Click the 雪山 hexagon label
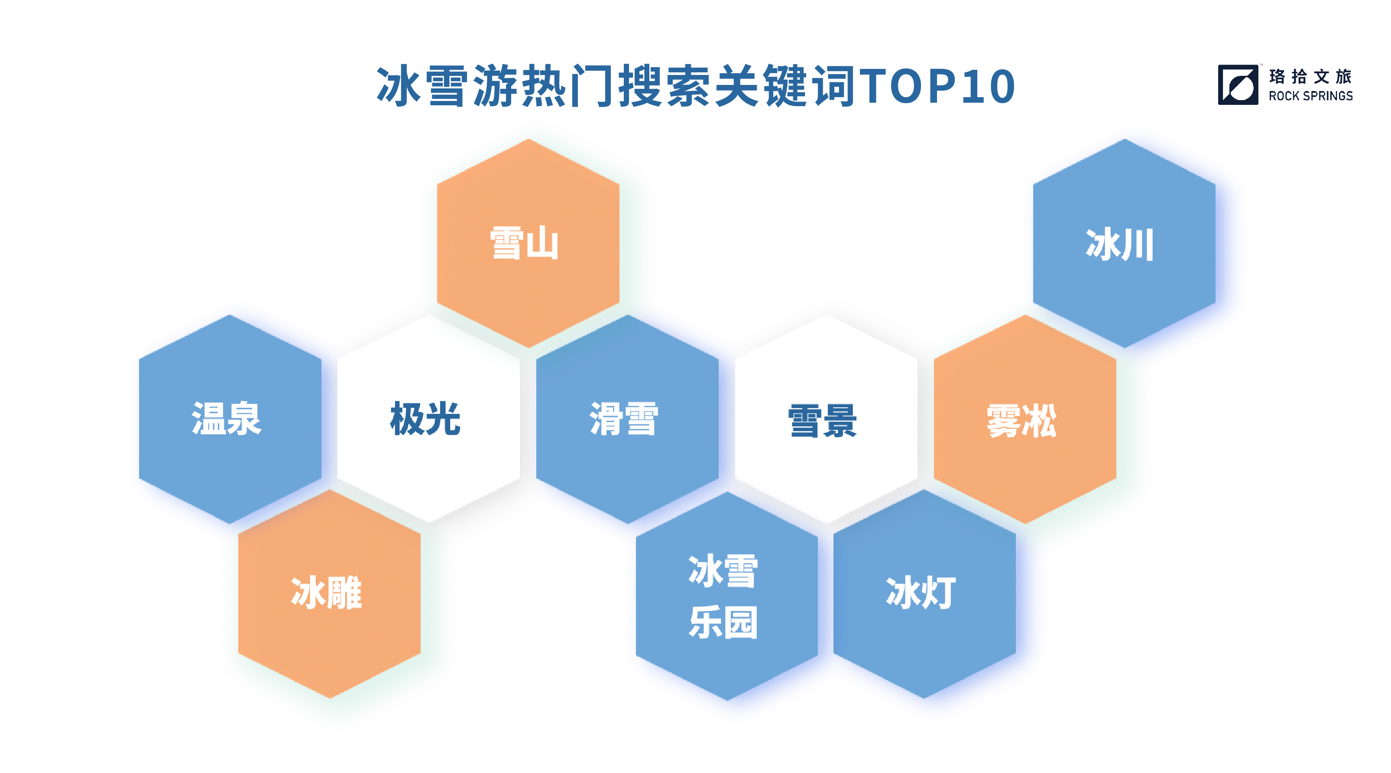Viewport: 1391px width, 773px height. click(524, 243)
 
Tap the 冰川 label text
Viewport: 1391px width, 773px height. click(1120, 245)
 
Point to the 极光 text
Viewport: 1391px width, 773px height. click(425, 418)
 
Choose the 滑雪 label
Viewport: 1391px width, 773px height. click(624, 419)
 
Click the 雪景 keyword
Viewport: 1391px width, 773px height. click(822, 421)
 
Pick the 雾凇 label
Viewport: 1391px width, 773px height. click(1021, 421)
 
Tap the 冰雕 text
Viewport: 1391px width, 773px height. click(327, 593)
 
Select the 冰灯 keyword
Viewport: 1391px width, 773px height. click(921, 593)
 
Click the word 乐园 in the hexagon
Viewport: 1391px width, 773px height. click(723, 622)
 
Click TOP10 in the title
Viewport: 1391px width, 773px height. click(937, 86)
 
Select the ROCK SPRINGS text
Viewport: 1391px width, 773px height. click(1310, 96)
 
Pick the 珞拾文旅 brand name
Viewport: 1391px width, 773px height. click(1310, 76)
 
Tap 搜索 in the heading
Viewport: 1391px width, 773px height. click(665, 86)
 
